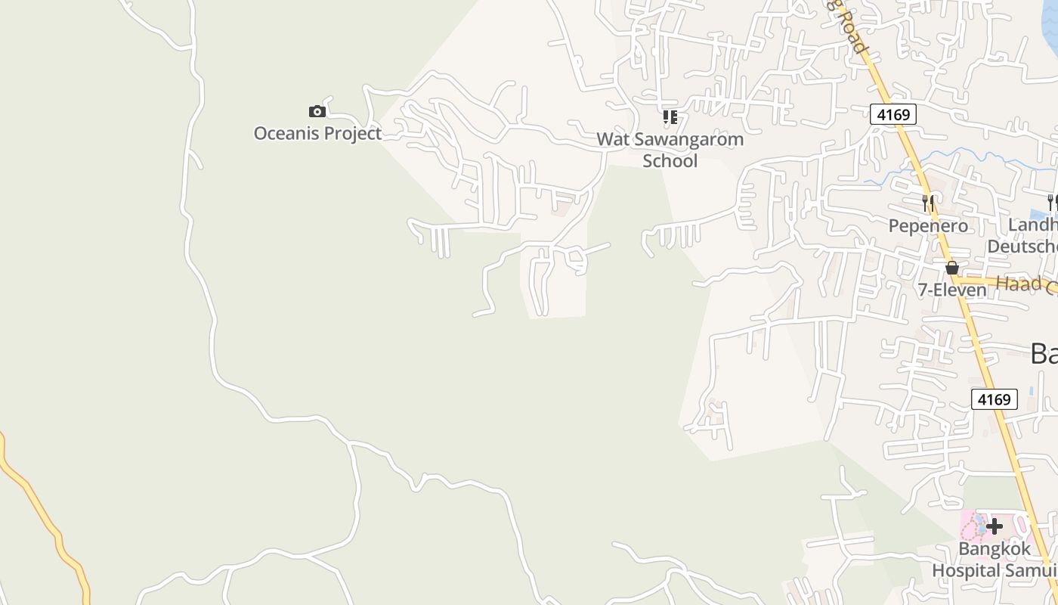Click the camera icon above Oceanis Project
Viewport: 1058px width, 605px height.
point(317,112)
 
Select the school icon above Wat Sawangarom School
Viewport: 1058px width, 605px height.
point(670,117)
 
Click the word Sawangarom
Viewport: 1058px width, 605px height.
point(686,140)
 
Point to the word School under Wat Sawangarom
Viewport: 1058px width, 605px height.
point(670,161)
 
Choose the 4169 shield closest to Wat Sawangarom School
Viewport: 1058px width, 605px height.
point(892,115)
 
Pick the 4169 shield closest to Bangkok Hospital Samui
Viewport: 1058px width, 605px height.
point(994,399)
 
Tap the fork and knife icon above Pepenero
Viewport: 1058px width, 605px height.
point(928,203)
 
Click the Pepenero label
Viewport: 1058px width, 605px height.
point(928,226)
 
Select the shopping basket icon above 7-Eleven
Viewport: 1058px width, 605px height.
point(952,268)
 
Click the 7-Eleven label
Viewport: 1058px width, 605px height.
point(952,290)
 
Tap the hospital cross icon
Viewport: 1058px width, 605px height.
point(995,526)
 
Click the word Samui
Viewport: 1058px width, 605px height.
point(1030,570)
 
